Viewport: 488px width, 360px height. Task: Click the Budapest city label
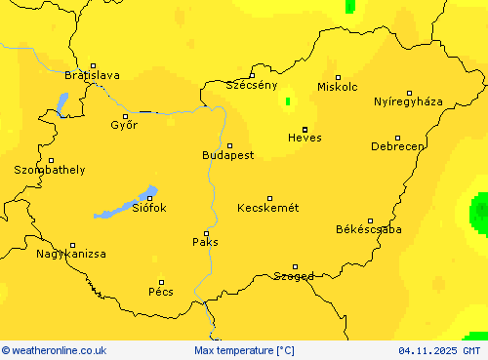point(227,155)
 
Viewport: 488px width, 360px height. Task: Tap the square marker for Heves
point(305,129)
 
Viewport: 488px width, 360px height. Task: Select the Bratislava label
point(92,75)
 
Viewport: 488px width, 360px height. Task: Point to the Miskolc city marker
point(339,77)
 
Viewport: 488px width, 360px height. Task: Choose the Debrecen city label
point(397,146)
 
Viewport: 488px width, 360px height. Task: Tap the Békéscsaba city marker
point(370,220)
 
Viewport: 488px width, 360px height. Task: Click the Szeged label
point(293,276)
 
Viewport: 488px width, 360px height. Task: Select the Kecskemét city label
point(267,208)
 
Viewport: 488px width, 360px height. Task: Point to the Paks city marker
point(205,233)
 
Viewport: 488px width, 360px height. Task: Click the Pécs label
point(161,291)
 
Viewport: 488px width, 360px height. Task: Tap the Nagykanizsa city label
point(71,254)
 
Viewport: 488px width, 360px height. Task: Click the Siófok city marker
point(150,199)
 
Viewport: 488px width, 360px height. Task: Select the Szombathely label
point(49,170)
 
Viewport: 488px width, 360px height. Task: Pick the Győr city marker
point(125,116)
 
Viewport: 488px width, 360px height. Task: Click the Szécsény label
point(252,85)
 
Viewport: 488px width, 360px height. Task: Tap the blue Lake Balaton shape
point(125,204)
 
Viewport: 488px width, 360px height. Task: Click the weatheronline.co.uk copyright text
point(54,350)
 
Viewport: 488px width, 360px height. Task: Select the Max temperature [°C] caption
point(244,350)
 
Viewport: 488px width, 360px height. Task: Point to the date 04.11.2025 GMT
point(439,350)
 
